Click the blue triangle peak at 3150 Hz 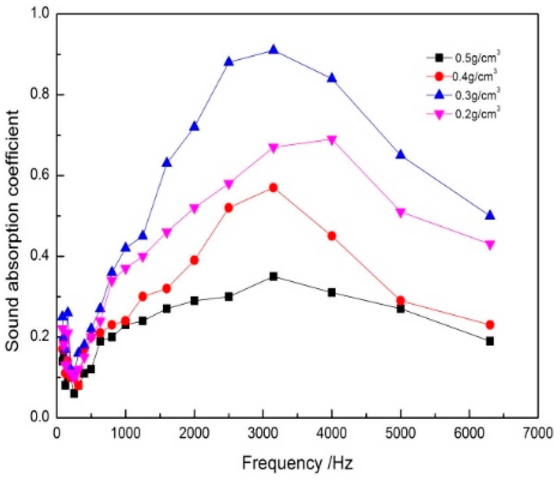[x=273, y=50]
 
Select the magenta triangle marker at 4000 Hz [x=332, y=140]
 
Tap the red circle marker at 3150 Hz [x=273, y=188]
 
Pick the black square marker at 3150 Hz [x=273, y=276]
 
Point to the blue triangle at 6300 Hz [x=490, y=215]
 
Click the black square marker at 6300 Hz [x=490, y=341]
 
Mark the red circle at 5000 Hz [x=401, y=301]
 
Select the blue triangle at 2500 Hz [x=228, y=62]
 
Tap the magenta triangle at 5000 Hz [x=401, y=213]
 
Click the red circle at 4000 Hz [x=332, y=236]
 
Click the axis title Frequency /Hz [x=297, y=463]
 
